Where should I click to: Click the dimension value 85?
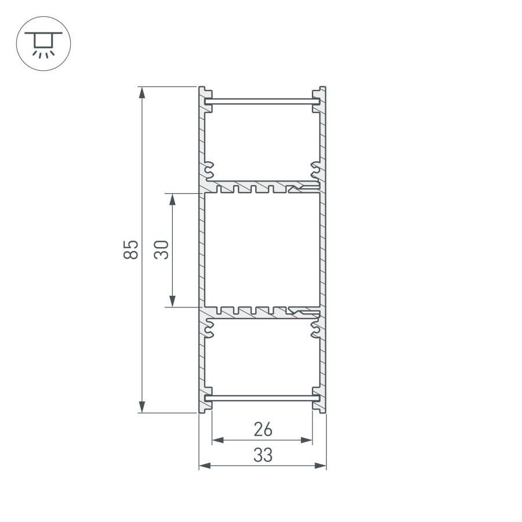pyautogui.click(x=132, y=249)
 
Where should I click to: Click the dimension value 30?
pyautogui.click(x=162, y=249)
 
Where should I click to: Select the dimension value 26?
pyautogui.click(x=263, y=430)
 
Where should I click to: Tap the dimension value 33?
pyautogui.click(x=263, y=456)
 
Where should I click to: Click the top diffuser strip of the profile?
pyautogui.click(x=262, y=101)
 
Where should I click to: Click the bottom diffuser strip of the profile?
pyautogui.click(x=262, y=398)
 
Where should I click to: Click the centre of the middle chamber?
pyautogui.click(x=262, y=249)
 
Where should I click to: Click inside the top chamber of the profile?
pyautogui.click(x=262, y=142)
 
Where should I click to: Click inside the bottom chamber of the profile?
pyautogui.click(x=262, y=357)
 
